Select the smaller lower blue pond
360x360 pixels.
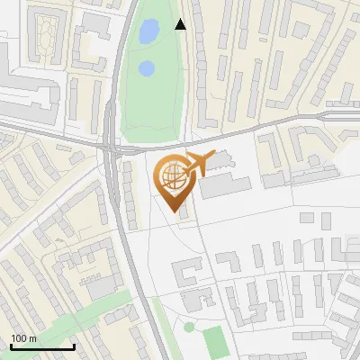(x=146, y=67)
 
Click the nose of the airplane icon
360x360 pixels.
(x=214, y=157)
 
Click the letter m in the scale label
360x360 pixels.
(x=33, y=338)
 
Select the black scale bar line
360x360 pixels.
(x=42, y=347)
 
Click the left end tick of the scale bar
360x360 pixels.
(x=11, y=346)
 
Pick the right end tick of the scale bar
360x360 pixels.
(x=74, y=346)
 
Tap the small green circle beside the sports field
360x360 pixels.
(x=189, y=327)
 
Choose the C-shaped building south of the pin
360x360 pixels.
(x=187, y=271)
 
